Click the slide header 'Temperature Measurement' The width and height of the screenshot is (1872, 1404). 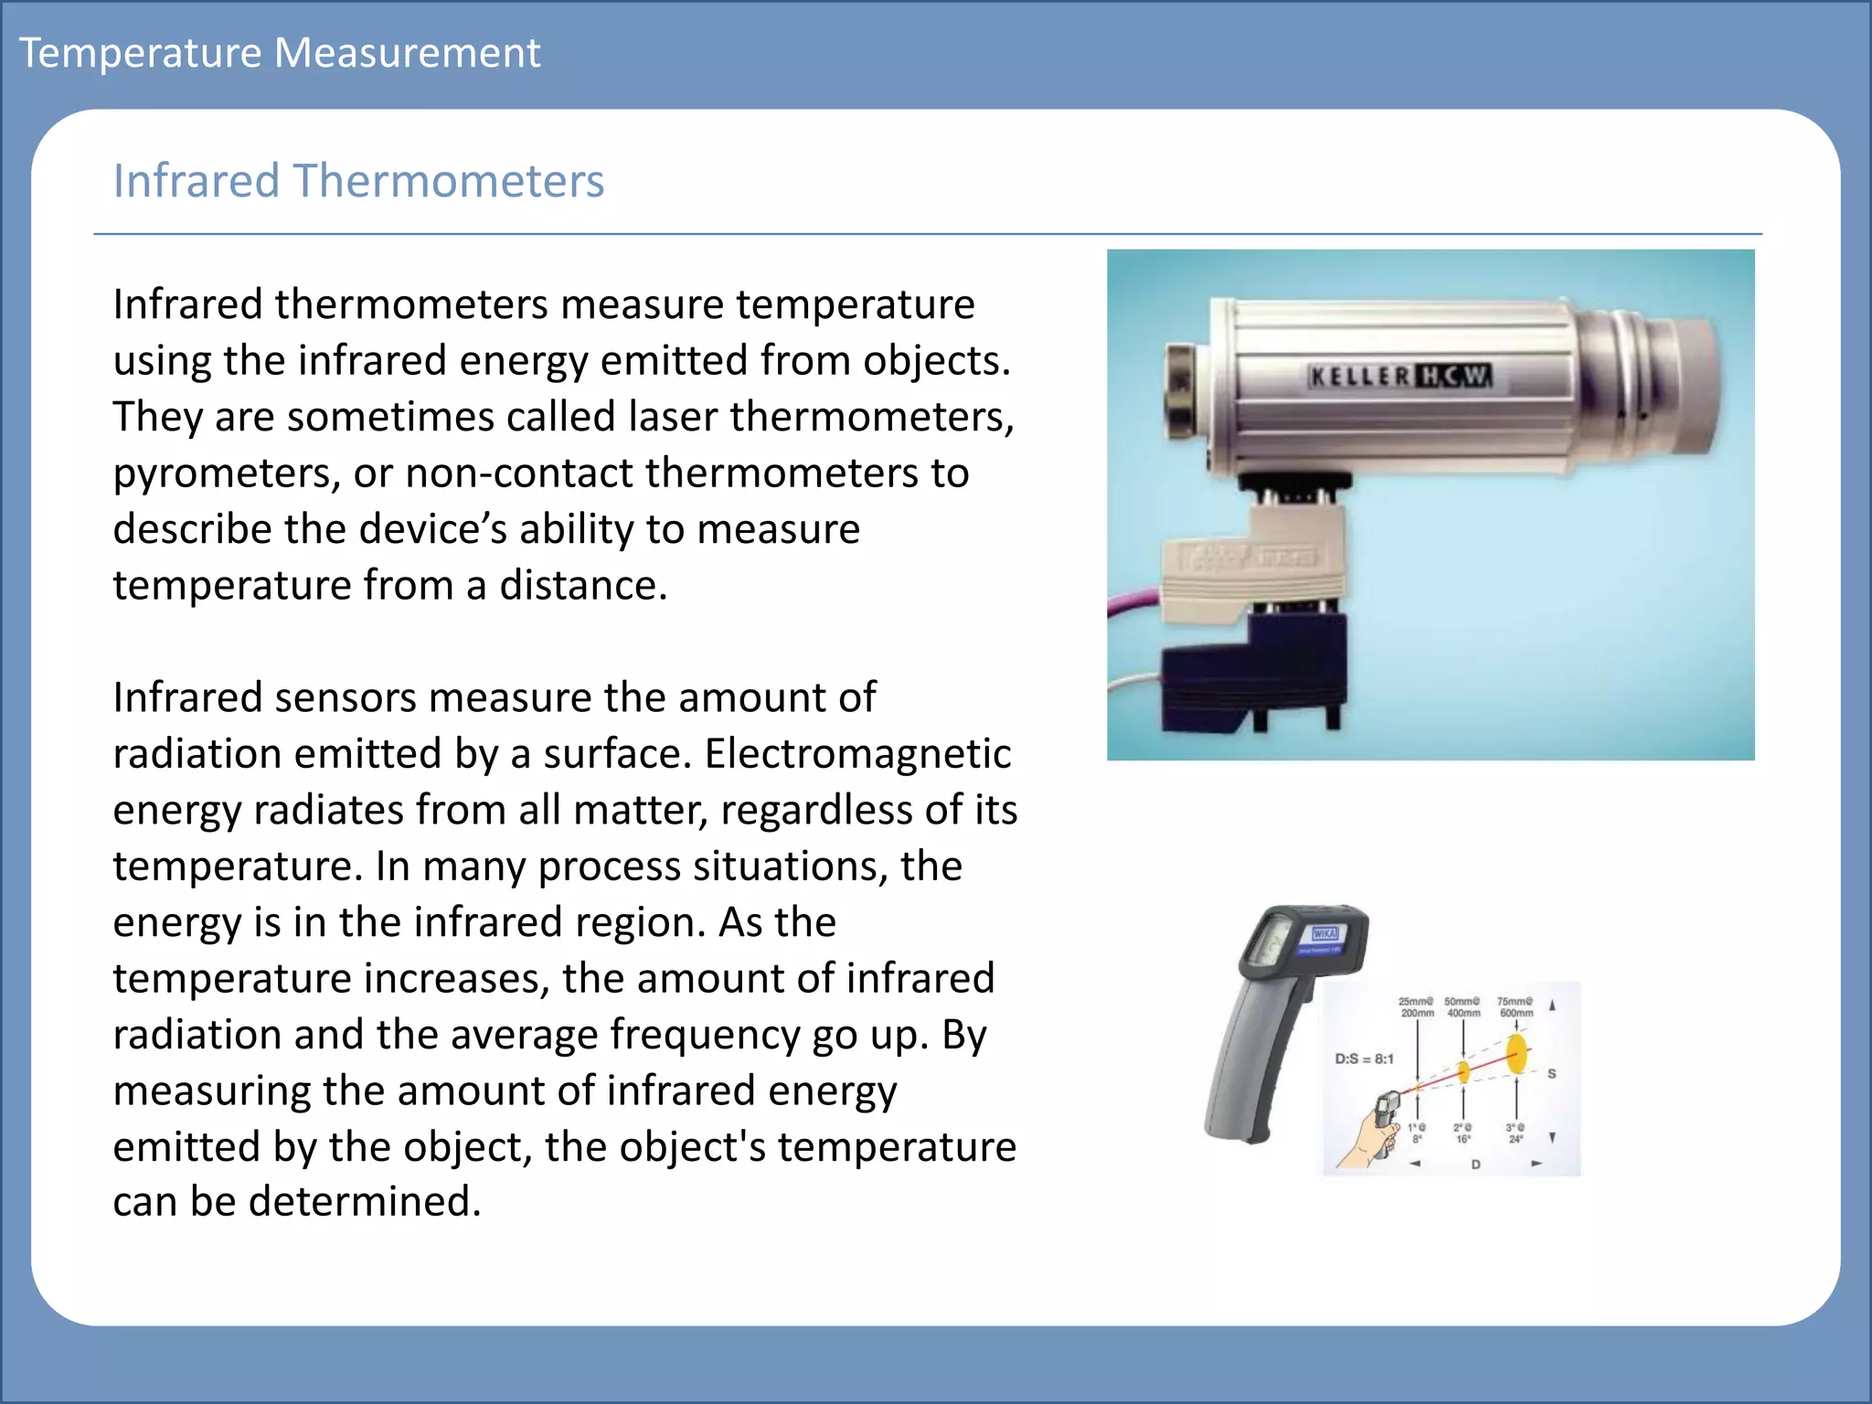point(280,52)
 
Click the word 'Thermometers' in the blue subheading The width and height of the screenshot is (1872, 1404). point(448,180)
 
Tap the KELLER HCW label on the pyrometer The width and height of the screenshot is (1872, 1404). point(1399,376)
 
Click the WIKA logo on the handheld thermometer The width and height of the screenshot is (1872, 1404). point(1324,933)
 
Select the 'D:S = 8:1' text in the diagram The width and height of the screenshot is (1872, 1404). point(1364,1058)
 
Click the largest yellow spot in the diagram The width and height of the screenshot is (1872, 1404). point(1516,1053)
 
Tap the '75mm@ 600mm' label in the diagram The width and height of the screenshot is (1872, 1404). point(1515,1006)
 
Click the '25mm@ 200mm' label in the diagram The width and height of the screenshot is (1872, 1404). point(1416,1006)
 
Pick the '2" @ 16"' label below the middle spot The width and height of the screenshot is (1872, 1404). point(1462,1133)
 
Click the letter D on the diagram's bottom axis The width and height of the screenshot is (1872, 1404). point(1475,1165)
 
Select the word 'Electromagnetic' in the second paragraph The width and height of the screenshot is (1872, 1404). point(857,754)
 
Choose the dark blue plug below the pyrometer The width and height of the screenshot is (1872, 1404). point(1252,672)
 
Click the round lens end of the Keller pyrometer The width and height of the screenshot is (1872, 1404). point(1687,384)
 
